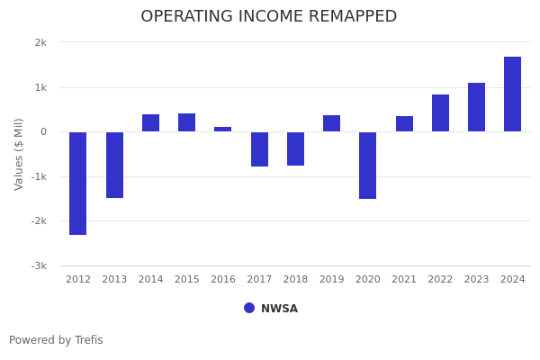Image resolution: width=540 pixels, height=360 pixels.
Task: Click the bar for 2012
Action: (x=78, y=183)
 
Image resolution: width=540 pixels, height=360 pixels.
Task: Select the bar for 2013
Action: (x=114, y=165)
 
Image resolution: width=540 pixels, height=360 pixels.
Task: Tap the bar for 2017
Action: (x=259, y=149)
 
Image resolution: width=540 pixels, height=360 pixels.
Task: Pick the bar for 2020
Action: (x=368, y=165)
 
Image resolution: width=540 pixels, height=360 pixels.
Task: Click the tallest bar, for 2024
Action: (x=512, y=94)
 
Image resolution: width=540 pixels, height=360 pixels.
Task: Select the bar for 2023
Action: (x=476, y=107)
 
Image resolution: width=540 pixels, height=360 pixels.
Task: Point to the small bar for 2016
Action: (x=223, y=130)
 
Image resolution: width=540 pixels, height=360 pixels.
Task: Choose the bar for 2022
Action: (x=440, y=113)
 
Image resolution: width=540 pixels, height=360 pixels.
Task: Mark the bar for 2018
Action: (x=295, y=148)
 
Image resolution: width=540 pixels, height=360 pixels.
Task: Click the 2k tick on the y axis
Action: (x=40, y=43)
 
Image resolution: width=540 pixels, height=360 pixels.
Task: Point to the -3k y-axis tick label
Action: (x=39, y=265)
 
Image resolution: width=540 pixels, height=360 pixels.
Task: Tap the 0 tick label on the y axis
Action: (x=43, y=132)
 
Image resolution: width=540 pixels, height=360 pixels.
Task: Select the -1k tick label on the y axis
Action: (x=39, y=176)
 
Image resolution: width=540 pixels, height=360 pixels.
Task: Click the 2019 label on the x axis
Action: (x=331, y=280)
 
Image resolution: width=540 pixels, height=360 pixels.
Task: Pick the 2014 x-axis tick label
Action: (x=150, y=280)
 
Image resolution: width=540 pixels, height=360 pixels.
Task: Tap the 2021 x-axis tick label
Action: (x=404, y=280)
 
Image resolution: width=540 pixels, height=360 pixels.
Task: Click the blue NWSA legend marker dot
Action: (x=249, y=308)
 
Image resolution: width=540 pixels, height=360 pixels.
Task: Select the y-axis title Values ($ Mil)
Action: (x=19, y=154)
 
